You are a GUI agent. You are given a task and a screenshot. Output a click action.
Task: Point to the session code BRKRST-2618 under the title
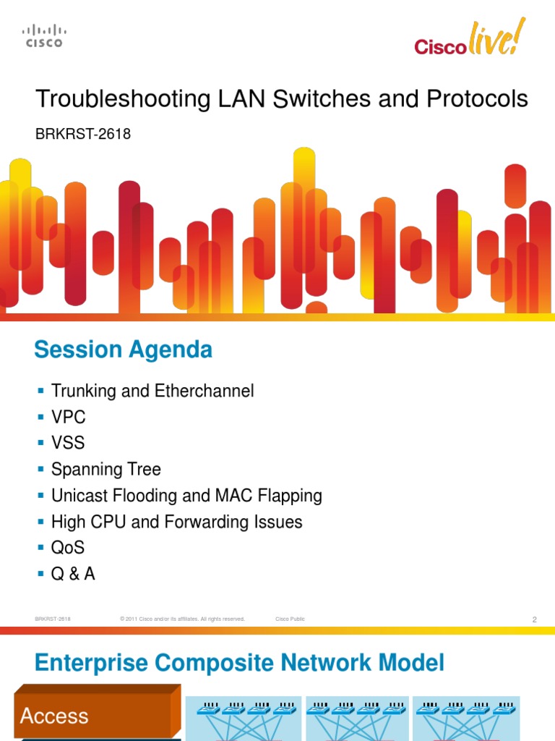click(x=83, y=134)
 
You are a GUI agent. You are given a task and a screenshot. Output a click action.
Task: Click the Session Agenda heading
click(x=123, y=350)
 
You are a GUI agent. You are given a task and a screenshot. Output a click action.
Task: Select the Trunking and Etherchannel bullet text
click(x=152, y=391)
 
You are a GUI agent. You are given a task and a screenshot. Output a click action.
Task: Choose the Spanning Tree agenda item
click(x=106, y=470)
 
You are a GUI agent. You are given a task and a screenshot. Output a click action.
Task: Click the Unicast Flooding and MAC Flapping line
click(x=186, y=496)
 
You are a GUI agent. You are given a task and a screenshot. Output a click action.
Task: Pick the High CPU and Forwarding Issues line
click(x=176, y=522)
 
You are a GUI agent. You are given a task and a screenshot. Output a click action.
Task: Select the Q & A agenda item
click(x=73, y=574)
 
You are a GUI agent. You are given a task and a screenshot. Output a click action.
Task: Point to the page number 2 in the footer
click(x=534, y=619)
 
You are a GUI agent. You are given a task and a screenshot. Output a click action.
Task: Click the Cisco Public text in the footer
click(x=290, y=619)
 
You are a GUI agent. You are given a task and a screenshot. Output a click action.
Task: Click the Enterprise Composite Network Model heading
click(x=239, y=662)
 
